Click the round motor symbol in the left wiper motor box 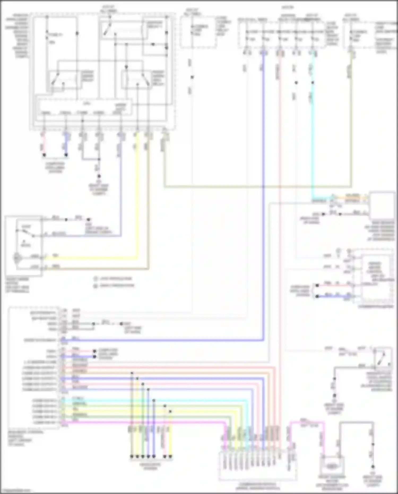click(17, 257)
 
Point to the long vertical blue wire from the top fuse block click(263, 186)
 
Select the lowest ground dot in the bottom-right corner click(373, 467)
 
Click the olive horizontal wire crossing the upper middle click(257, 187)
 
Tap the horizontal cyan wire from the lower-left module click(159, 401)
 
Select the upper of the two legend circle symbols click(96, 279)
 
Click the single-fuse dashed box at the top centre click(198, 32)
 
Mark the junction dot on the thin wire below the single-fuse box click(192, 77)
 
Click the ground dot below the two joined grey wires click(99, 176)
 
